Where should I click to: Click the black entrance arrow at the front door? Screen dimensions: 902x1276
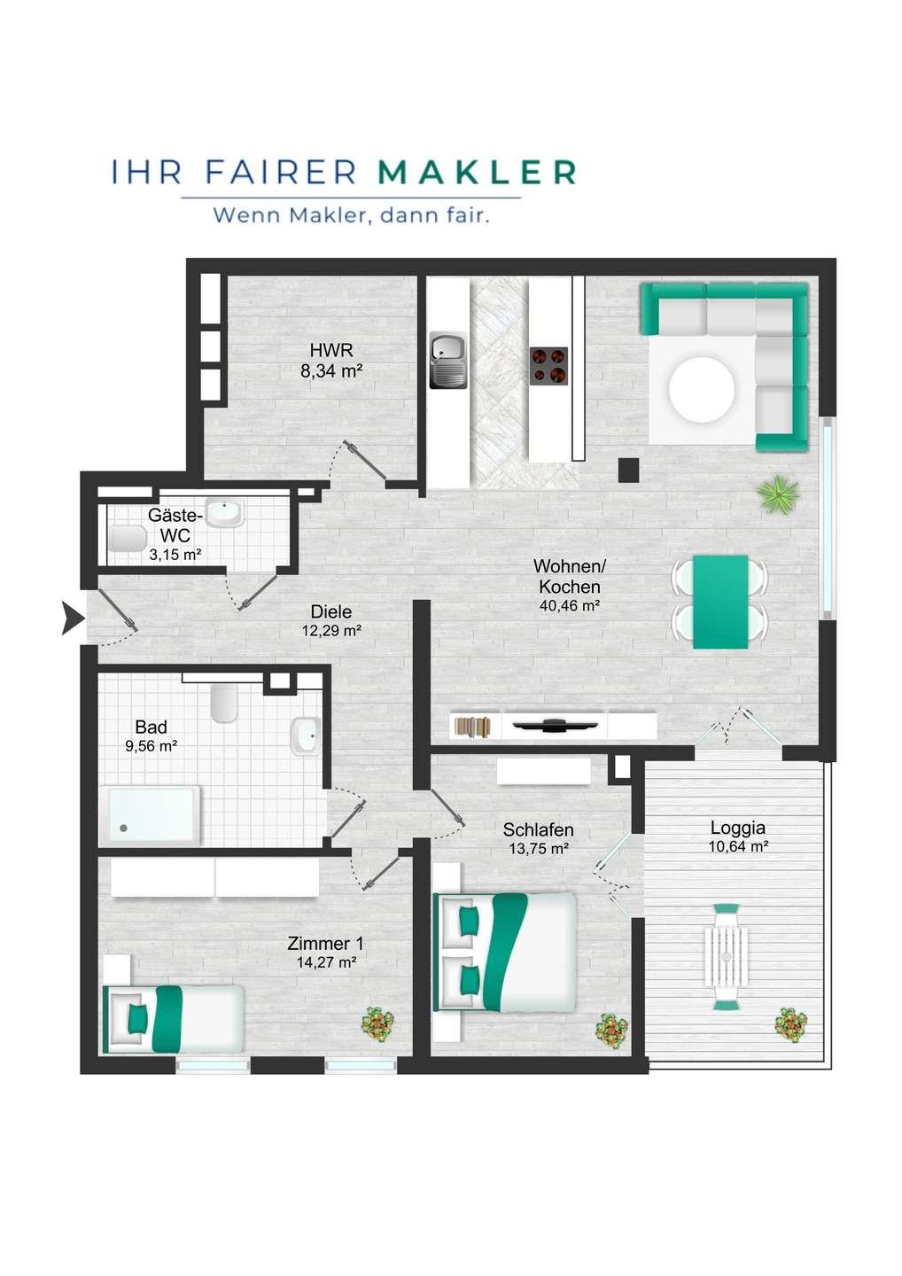73,619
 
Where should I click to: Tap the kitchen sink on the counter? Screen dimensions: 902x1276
448,361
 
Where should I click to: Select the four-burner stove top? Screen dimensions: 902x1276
549,365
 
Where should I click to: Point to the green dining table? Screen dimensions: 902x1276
720,602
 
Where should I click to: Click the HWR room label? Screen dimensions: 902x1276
331,350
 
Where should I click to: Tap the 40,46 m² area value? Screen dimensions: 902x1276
570,605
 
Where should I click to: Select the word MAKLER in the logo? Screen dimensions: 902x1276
477,172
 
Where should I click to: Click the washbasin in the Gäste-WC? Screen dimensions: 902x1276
225,512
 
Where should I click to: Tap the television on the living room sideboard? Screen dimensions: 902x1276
555,725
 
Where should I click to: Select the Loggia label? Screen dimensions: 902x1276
737,828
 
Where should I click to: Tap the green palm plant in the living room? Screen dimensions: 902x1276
778,494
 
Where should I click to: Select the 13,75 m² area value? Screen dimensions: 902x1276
539,849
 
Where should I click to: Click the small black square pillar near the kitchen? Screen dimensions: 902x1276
629,470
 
